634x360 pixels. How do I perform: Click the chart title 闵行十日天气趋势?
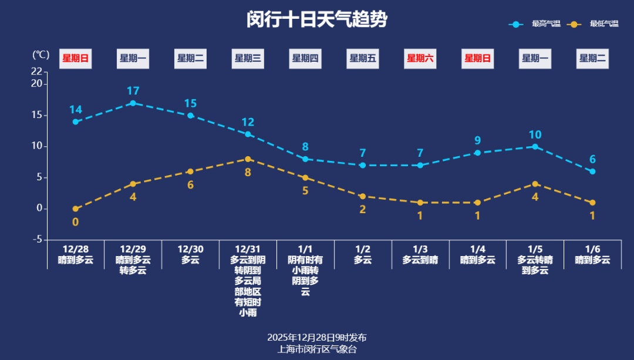(317, 19)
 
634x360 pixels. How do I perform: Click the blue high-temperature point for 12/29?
(133, 103)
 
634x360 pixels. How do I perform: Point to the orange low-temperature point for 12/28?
(76, 208)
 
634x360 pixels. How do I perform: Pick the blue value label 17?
(133, 91)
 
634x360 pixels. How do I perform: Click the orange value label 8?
(248, 172)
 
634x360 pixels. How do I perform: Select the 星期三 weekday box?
(248, 58)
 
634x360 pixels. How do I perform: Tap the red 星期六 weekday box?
(420, 58)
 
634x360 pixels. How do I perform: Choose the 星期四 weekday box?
(305, 58)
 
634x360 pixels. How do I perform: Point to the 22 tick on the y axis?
(36, 72)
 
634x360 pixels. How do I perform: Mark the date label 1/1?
(305, 249)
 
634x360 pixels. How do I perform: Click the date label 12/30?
(190, 249)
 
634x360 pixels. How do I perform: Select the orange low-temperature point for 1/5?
(535, 184)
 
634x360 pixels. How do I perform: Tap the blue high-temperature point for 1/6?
(592, 171)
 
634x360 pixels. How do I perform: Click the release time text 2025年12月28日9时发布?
(317, 338)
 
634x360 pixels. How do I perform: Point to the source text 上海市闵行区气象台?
(317, 349)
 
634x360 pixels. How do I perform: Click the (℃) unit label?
(41, 55)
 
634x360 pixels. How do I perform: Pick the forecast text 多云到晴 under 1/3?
(420, 260)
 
